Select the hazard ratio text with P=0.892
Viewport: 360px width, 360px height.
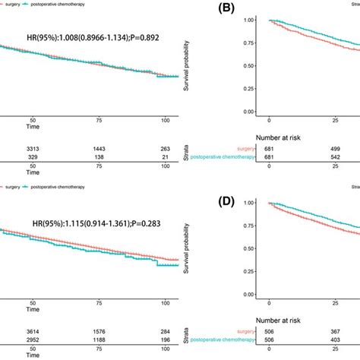pyautogui.click(x=90, y=33)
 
